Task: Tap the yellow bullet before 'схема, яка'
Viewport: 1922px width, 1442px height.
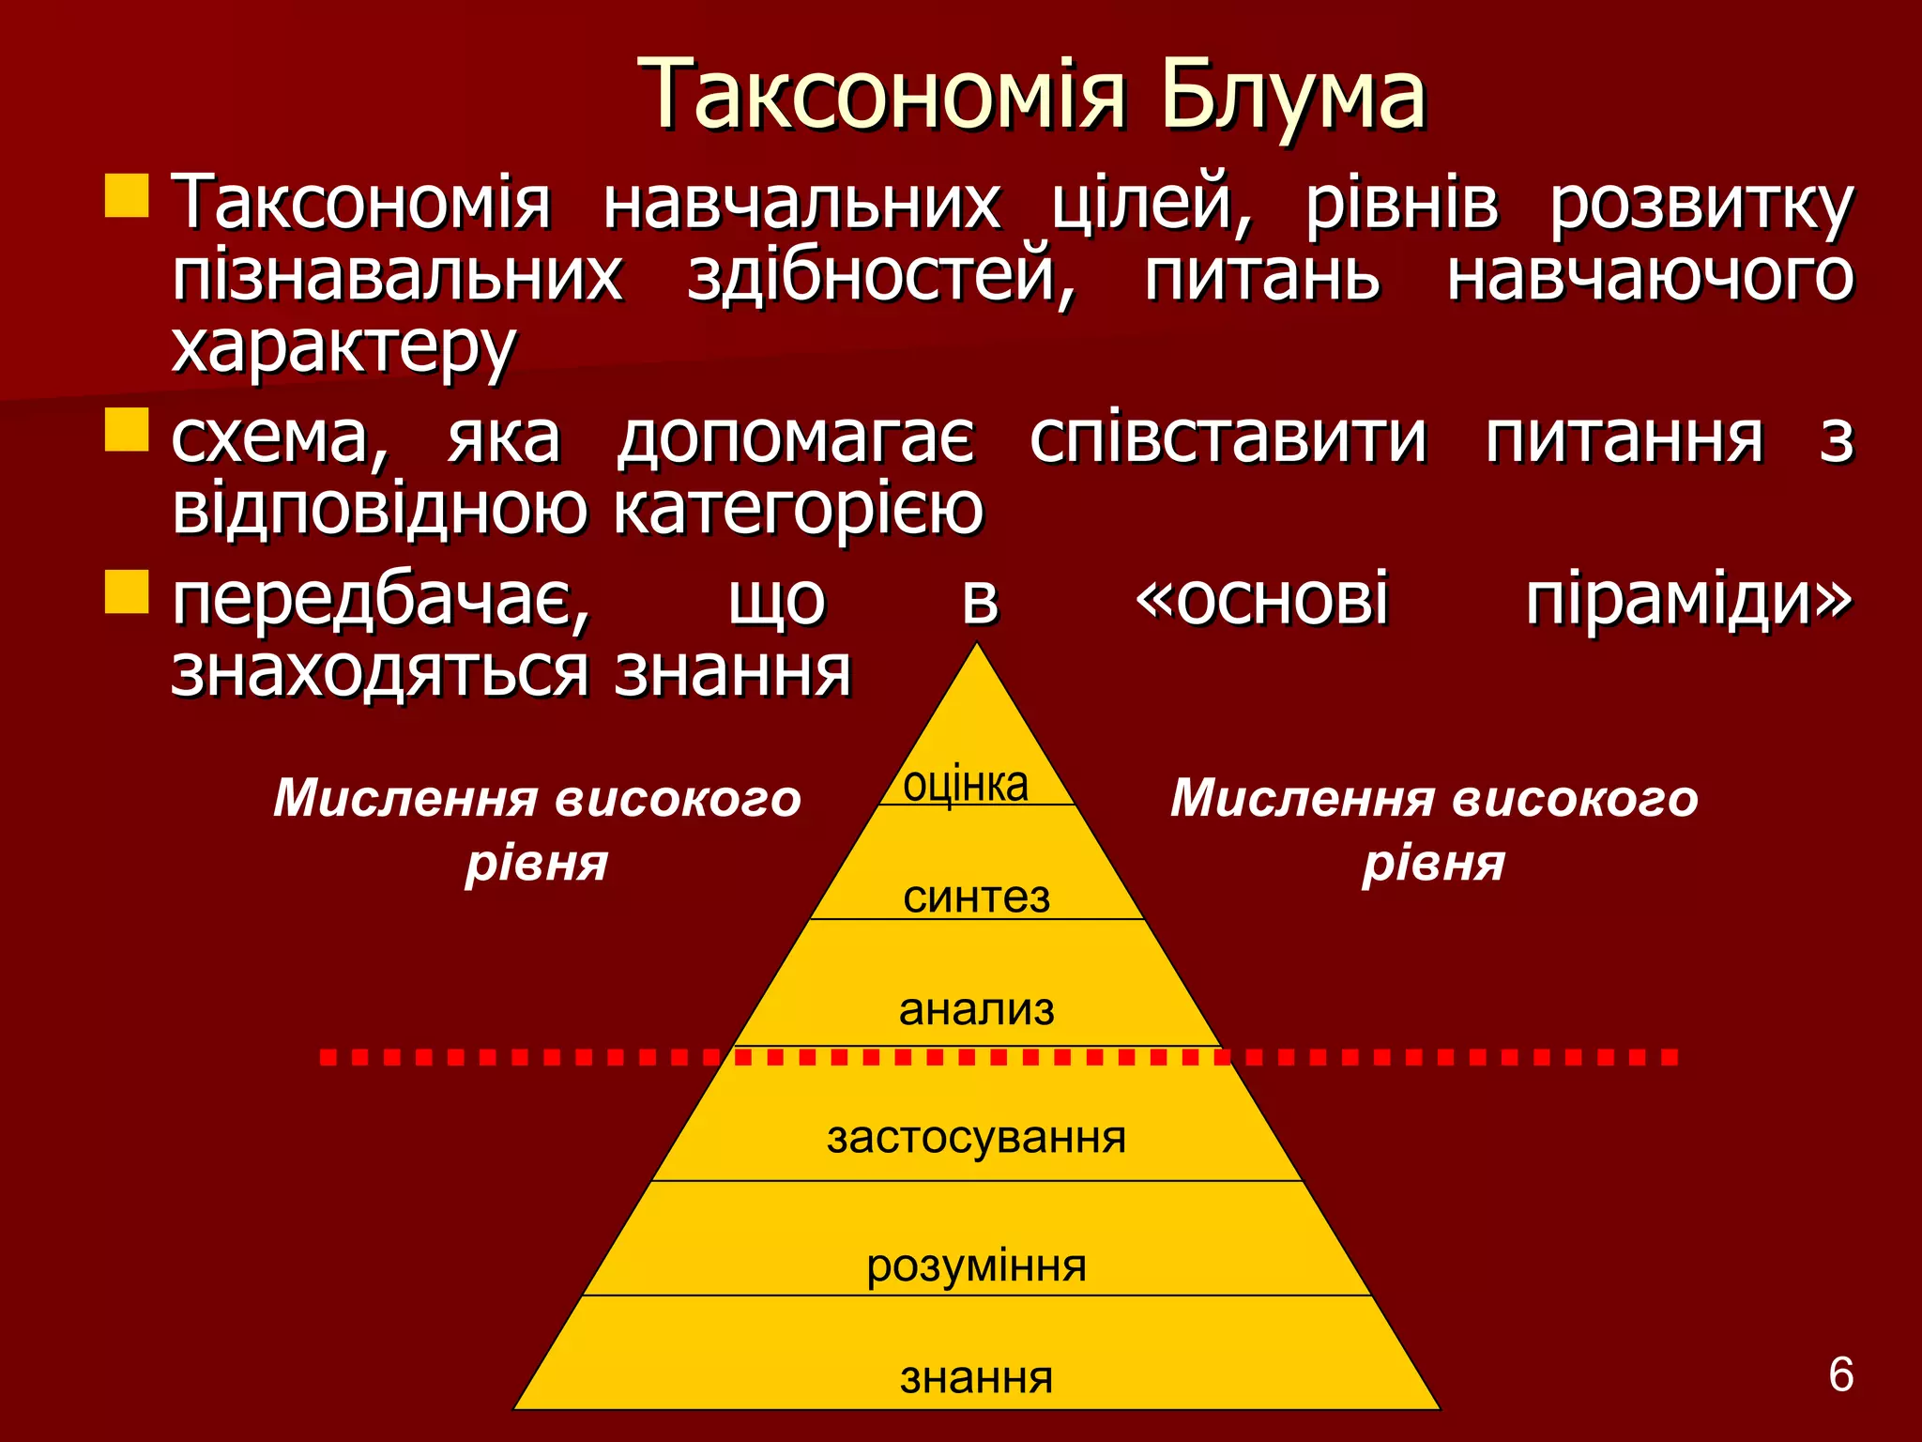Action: pos(127,430)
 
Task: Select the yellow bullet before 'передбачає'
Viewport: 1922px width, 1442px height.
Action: pos(127,591)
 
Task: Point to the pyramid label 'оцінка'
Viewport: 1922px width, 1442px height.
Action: pos(966,784)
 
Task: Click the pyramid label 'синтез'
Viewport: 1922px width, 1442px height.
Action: pos(976,897)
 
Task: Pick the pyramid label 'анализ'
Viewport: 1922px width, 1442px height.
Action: pos(976,1010)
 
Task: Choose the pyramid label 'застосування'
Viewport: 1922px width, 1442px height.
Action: pos(976,1138)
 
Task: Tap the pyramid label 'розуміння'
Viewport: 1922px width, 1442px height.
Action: pos(976,1266)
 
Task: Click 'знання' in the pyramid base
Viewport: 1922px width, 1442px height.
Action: pos(976,1378)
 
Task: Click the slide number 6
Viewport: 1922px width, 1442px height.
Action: pos(1840,1375)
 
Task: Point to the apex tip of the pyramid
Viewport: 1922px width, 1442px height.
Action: pos(977,646)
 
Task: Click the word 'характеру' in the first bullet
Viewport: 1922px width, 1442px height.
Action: pos(343,347)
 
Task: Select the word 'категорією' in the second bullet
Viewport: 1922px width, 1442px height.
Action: pos(799,509)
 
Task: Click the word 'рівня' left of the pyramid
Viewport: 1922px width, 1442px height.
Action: pos(537,863)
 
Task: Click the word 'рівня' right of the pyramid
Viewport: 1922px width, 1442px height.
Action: pos(1433,863)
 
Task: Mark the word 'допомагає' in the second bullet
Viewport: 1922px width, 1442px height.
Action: pos(796,439)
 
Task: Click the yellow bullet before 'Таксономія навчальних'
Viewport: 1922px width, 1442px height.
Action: pos(127,195)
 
